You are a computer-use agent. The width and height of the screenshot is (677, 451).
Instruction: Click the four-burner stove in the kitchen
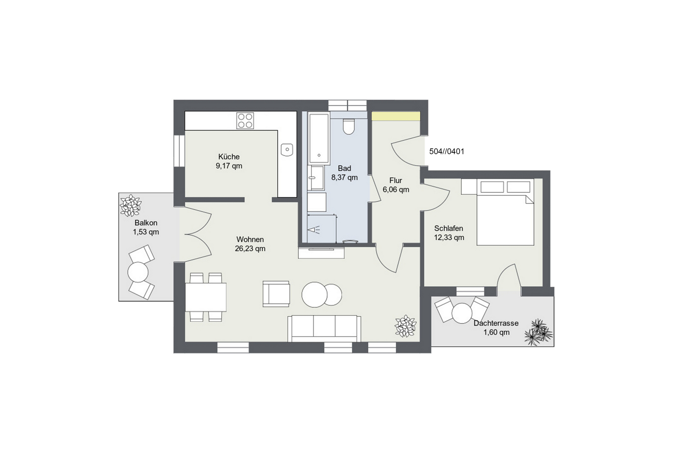(245, 120)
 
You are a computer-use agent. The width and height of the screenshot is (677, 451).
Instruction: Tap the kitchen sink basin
(287, 149)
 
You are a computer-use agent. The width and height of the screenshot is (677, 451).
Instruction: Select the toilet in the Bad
(349, 127)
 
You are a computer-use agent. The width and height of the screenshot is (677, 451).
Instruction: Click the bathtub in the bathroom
(319, 138)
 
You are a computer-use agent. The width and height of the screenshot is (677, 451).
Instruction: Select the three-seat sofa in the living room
(324, 328)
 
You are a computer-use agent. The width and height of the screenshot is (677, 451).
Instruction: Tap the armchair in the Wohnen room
(276, 294)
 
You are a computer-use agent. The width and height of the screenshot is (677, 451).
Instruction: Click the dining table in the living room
(206, 297)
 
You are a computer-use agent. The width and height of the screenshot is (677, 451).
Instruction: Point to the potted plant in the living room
(406, 326)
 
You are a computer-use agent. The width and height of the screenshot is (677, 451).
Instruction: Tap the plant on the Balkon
(131, 205)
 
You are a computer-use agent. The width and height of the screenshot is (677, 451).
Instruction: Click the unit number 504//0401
(447, 152)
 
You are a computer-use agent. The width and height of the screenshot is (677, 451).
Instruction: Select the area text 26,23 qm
(250, 249)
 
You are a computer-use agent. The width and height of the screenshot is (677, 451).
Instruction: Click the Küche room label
(229, 157)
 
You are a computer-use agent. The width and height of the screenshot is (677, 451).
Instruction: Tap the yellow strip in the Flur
(396, 116)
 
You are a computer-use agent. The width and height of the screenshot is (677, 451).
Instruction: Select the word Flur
(396, 181)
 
